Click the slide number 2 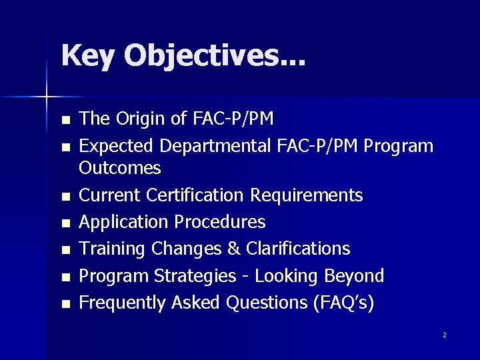point(444,335)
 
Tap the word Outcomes point(120,168)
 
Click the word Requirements point(307,195)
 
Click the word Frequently point(122,303)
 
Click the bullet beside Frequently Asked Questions point(65,305)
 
